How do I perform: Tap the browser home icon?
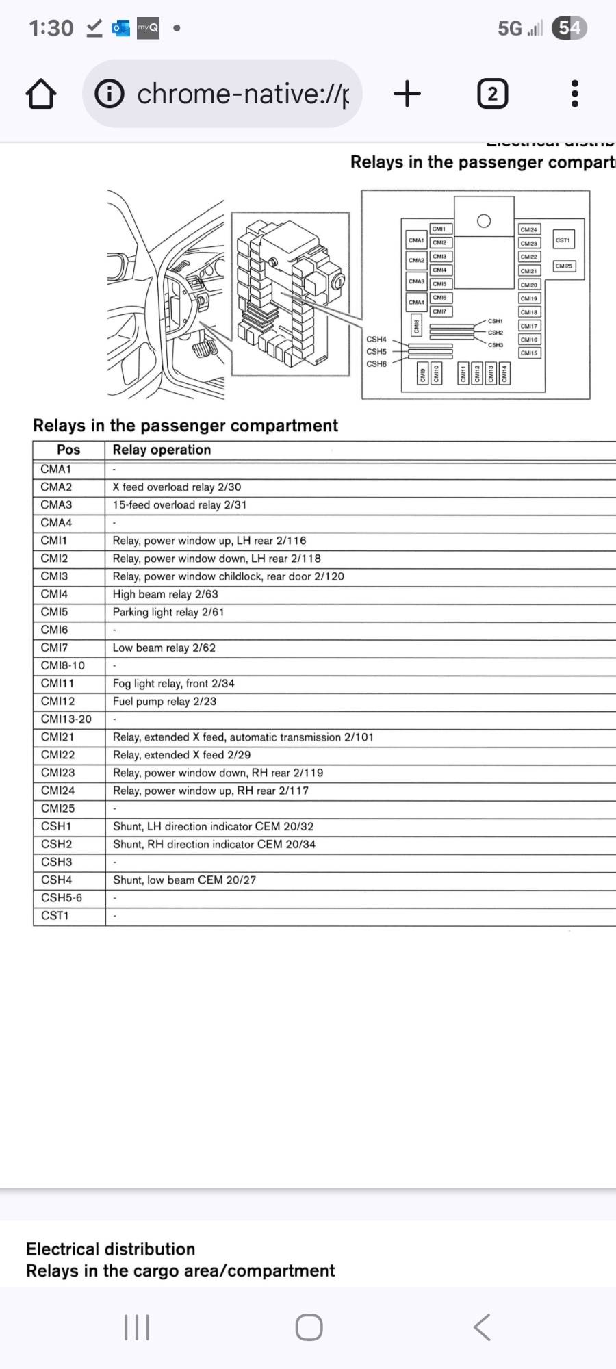tap(41, 94)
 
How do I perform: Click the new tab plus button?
tap(407, 94)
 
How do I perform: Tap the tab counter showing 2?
tap(492, 94)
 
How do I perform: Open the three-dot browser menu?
tap(575, 94)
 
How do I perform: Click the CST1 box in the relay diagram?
tap(563, 240)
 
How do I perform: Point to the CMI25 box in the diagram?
tap(563, 266)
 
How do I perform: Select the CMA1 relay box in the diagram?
tap(416, 240)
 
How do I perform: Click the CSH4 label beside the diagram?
tap(376, 339)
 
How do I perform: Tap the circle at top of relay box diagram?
tap(484, 220)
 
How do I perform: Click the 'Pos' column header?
tap(68, 450)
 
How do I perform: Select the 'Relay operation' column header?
tap(162, 450)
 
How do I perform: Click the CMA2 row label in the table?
tap(56, 487)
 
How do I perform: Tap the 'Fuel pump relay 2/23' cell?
tap(164, 701)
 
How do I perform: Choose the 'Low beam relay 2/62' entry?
tap(164, 648)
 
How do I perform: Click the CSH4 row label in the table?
tap(56, 880)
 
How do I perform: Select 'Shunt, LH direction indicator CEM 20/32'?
tap(213, 826)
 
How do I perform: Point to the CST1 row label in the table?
tap(55, 915)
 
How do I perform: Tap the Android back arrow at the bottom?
tap(482, 1327)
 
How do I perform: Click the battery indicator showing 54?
tap(569, 28)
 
